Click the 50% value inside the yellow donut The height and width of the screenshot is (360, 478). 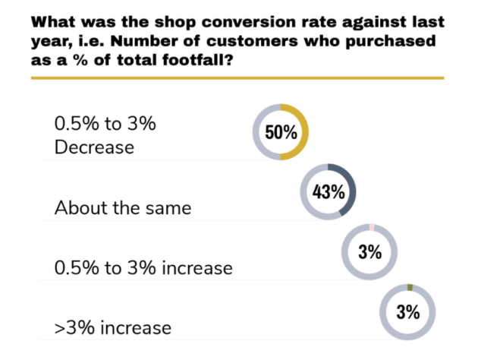(x=280, y=133)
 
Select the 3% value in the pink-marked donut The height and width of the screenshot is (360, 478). (x=370, y=252)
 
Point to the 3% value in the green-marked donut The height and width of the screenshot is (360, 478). (x=408, y=311)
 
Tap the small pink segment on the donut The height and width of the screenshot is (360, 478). (x=372, y=228)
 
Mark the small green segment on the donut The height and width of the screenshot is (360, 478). (x=410, y=287)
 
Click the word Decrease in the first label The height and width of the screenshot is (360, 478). (x=94, y=147)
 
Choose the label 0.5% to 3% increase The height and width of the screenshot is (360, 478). (x=143, y=268)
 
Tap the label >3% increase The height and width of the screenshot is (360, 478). (x=113, y=329)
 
